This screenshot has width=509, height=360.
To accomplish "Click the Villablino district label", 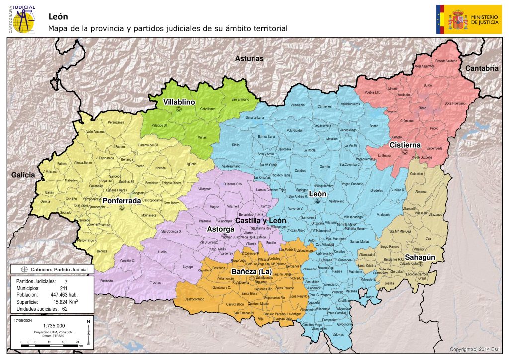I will point(179,102).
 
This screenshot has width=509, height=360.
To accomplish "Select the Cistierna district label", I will point(405,145).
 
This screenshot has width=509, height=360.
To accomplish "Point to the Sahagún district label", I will point(421,257).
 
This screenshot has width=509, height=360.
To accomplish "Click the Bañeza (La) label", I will point(251,271).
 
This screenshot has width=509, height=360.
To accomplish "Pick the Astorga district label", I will point(220,229).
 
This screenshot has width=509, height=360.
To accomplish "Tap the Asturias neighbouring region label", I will point(249,58).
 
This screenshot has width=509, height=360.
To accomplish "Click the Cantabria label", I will point(481,68).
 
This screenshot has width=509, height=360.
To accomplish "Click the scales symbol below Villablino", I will point(179,109).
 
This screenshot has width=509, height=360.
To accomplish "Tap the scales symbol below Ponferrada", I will point(121,207).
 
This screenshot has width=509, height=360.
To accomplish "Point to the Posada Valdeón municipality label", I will point(446,61).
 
